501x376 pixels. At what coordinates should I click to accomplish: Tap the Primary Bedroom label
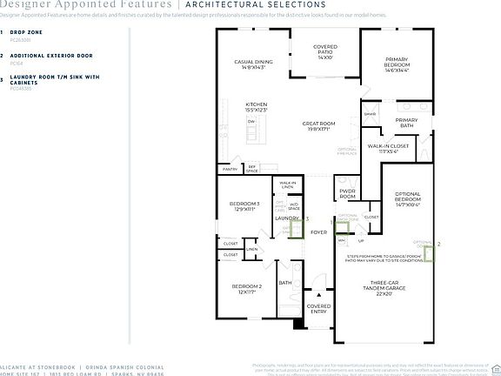[403, 64]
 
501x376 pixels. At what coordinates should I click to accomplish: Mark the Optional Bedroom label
[408, 200]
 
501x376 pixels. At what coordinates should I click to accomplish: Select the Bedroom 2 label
[247, 289]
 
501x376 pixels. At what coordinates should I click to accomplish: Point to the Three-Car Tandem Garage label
[390, 289]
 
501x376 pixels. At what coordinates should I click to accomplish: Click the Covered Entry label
[319, 309]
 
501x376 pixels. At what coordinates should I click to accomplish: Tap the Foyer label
[318, 232]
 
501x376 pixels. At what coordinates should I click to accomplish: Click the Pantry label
[229, 170]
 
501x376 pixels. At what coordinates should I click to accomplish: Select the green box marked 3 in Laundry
[296, 225]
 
